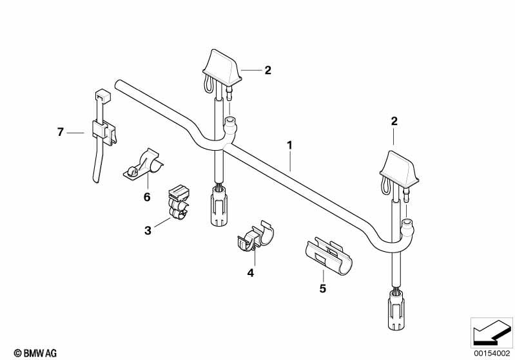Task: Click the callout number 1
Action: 289,145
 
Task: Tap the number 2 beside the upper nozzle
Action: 268,70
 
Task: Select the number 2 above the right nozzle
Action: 394,121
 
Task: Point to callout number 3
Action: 148,231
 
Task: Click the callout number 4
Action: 251,272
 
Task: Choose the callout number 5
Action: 323,289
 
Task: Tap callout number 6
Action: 147,197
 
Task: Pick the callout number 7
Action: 60,132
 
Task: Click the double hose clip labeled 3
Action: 179,204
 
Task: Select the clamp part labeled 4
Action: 255,237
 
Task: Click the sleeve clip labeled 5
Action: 327,256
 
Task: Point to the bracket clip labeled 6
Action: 144,164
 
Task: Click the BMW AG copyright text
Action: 35,353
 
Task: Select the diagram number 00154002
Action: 492,354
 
